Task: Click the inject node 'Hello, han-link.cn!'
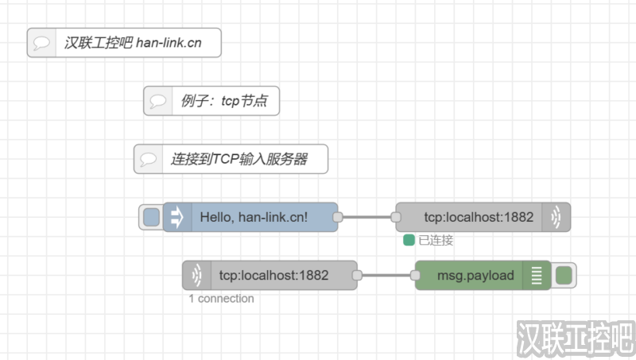click(264, 216)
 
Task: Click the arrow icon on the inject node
click(176, 216)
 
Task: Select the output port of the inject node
click(337, 216)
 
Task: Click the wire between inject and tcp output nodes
click(366, 216)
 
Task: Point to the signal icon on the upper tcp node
click(556, 216)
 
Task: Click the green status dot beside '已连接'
click(409, 240)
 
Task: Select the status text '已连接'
click(436, 240)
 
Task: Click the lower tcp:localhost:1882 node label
click(273, 276)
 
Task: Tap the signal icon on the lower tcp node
click(196, 276)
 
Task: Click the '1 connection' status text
click(221, 299)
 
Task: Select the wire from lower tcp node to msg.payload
click(386, 276)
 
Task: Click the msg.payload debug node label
click(475, 276)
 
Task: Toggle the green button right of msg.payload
click(564, 276)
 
